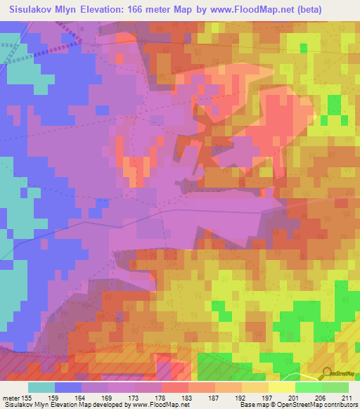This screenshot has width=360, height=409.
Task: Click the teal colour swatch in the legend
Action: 41,387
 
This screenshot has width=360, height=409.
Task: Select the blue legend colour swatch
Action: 68,387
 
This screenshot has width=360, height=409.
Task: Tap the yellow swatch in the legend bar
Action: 282,387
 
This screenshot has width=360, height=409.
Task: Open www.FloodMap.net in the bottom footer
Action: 159,404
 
